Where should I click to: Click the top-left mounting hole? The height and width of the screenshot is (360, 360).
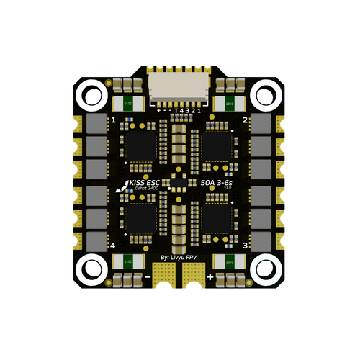coord(91,94)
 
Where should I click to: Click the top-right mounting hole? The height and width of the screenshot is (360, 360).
coord(268,94)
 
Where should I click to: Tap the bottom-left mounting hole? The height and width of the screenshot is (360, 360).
coord(91,268)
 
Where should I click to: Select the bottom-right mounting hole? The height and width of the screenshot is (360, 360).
coord(268,268)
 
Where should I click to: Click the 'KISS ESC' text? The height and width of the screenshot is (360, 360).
coord(143,184)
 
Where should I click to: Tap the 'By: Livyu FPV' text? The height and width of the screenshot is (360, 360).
coord(180,256)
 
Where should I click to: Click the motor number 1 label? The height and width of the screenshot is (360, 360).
coord(114,120)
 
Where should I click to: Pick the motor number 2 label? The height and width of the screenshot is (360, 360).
coord(246,120)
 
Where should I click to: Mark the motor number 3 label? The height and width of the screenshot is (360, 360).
coord(246,246)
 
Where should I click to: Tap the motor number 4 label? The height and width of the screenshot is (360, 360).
coord(114,246)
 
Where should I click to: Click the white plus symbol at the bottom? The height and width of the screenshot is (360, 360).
coord(210,276)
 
